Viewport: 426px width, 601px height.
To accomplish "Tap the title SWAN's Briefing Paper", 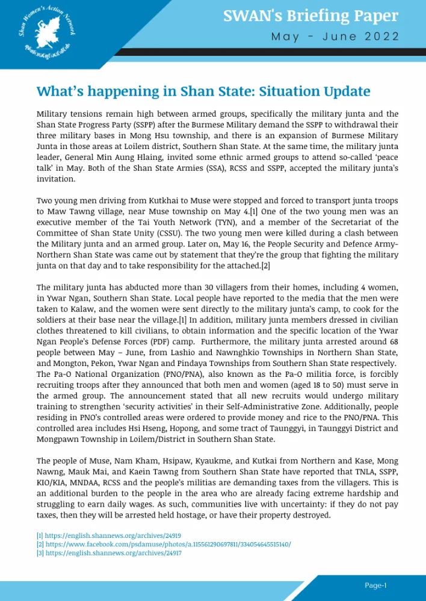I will click(x=310, y=16).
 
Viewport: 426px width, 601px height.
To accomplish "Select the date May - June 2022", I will click(x=335, y=37).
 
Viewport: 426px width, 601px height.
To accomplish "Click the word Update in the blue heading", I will click(x=343, y=91).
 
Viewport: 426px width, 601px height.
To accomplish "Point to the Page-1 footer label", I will click(x=375, y=585).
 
